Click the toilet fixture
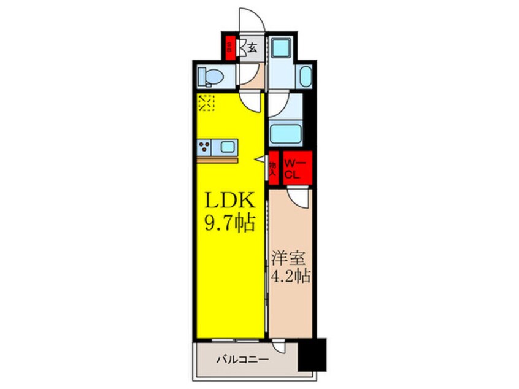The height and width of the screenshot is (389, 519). [212, 77]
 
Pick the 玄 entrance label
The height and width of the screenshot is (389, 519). [252, 47]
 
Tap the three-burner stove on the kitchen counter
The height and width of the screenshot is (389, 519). [205, 147]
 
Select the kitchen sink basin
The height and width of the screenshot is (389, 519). [228, 147]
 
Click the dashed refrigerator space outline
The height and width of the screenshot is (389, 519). [206, 102]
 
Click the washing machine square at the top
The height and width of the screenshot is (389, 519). [283, 48]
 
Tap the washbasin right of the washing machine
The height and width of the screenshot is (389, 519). [305, 76]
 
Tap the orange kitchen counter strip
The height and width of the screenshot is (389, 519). [218, 160]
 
